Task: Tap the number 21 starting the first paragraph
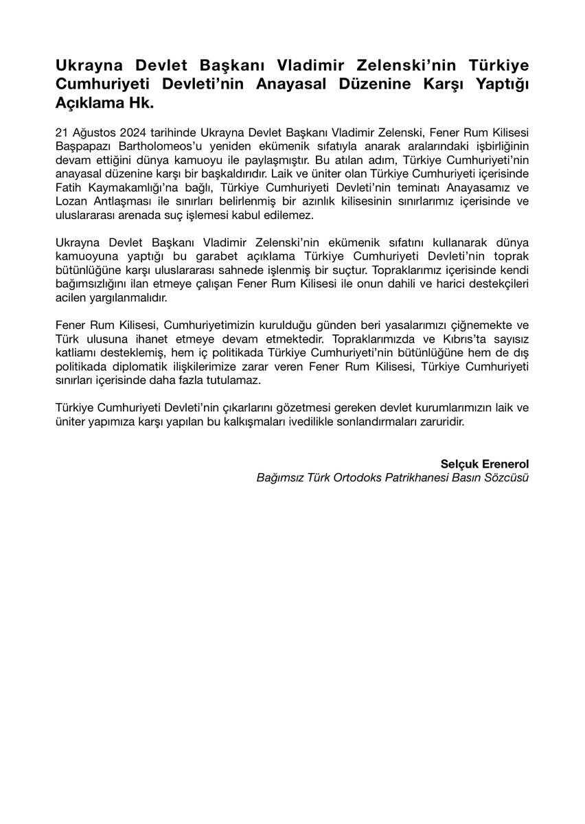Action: coord(62,132)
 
